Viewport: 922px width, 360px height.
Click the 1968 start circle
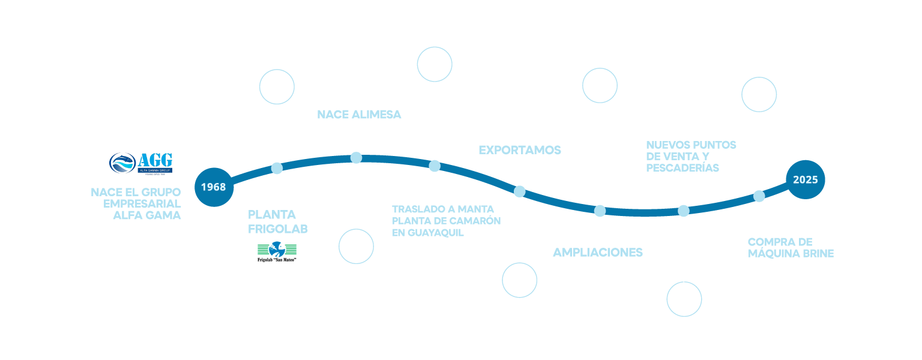point(213,187)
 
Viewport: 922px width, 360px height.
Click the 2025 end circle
point(806,179)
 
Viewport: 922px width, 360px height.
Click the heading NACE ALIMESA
point(359,115)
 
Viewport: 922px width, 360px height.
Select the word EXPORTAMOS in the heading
point(519,150)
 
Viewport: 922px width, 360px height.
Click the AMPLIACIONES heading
point(597,253)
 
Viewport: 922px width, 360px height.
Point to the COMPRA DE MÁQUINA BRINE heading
point(791,248)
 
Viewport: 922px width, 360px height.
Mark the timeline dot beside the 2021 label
point(600,211)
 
